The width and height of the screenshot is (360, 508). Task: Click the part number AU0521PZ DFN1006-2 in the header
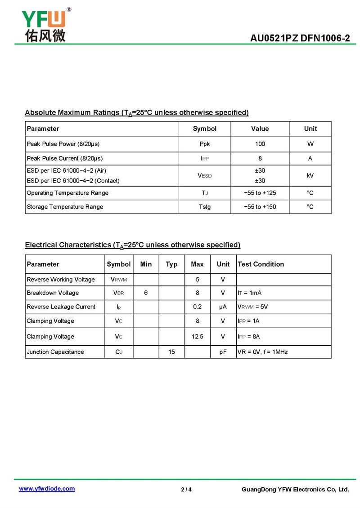(x=300, y=39)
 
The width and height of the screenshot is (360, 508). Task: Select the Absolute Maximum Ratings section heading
(x=136, y=112)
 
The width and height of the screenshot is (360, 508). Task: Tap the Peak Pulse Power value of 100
(x=260, y=144)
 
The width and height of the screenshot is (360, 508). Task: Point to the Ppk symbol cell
(x=205, y=144)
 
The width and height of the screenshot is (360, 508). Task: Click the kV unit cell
(x=310, y=176)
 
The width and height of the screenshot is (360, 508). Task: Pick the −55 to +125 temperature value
(x=260, y=193)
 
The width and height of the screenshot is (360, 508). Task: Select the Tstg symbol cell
(x=205, y=207)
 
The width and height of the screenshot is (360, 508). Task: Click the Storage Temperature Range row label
(x=65, y=207)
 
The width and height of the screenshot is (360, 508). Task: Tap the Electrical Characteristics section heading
(x=132, y=245)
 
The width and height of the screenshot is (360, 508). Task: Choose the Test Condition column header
(x=261, y=264)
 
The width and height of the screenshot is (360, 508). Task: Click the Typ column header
(x=171, y=264)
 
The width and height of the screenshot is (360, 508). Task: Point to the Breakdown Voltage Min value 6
(x=146, y=293)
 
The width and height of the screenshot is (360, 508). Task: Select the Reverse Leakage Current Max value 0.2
(x=197, y=307)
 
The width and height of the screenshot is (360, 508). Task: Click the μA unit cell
(x=223, y=307)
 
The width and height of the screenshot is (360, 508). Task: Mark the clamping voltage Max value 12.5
(x=197, y=337)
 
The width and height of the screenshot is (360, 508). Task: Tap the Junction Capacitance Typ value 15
(x=171, y=352)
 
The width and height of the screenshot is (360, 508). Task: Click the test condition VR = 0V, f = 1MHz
(x=262, y=352)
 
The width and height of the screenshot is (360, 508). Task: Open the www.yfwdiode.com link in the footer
(x=47, y=489)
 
